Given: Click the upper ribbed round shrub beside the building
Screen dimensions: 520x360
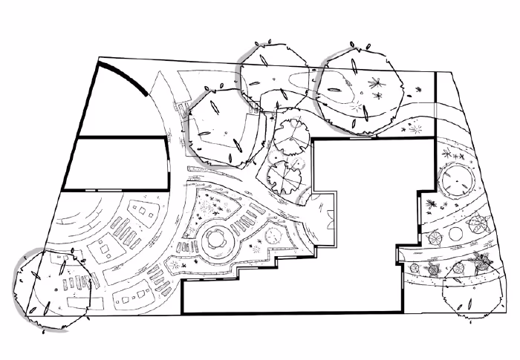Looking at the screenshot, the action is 291,137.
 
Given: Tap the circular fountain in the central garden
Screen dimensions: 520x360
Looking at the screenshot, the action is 216,238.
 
